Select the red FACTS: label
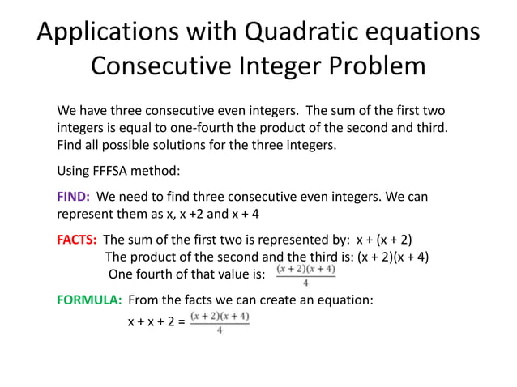78,240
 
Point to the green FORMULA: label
89,300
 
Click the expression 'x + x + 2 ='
156,322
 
